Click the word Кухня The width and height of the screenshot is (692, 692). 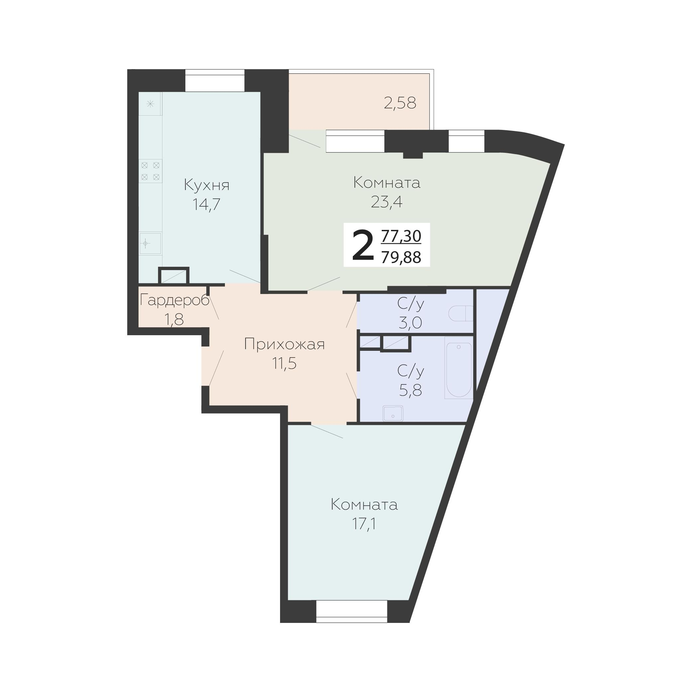(207, 185)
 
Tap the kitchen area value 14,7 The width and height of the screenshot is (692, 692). (206, 205)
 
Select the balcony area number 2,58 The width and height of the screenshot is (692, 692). (400, 104)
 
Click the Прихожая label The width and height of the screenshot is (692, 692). (284, 345)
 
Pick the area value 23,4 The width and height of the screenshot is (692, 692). (386, 202)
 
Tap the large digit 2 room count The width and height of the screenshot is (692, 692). (363, 246)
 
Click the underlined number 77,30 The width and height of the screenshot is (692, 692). (401, 236)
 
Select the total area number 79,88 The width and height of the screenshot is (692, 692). (401, 257)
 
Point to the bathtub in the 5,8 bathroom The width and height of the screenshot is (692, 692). (459, 367)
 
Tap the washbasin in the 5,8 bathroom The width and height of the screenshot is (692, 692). (393, 414)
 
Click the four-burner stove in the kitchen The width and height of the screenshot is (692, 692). (150, 171)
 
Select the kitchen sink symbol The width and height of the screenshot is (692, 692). (150, 244)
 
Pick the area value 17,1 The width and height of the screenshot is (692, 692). (364, 524)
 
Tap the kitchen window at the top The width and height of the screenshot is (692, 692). (215, 81)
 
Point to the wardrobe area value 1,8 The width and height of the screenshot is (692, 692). (174, 319)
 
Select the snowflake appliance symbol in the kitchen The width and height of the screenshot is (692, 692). (150, 104)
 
